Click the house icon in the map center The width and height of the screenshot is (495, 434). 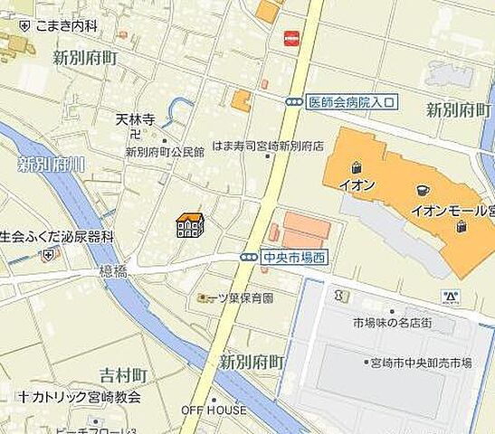tap(189, 224)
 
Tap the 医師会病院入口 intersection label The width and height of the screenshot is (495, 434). tap(350, 102)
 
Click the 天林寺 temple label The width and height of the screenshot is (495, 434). tap(136, 118)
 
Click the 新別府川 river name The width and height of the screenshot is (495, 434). tap(51, 165)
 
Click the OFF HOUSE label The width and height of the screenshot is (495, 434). tap(214, 410)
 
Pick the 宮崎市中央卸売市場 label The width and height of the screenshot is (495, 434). tap(421, 363)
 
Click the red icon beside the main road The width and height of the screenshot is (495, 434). tap(291, 38)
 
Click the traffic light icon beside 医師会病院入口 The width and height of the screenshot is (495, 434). tap(294, 102)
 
